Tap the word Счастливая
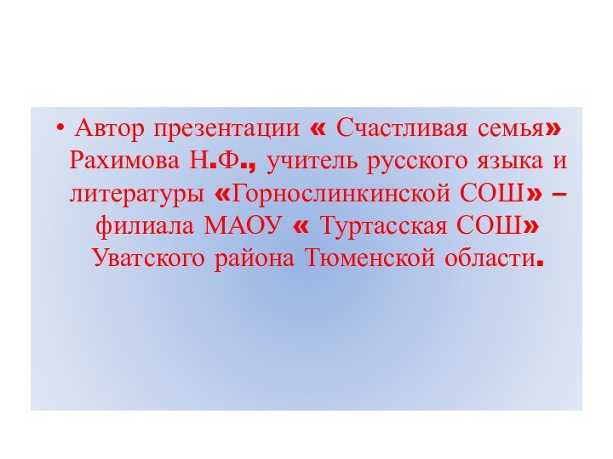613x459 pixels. click(398, 130)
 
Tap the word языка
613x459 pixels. click(510, 161)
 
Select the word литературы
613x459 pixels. click(137, 194)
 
